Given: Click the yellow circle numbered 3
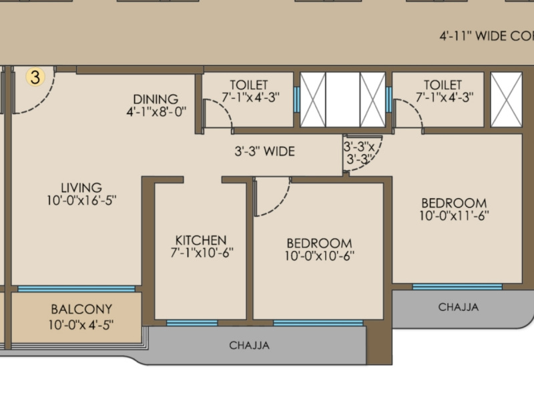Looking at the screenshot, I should pyautogui.click(x=35, y=77).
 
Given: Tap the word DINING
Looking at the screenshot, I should pyautogui.click(x=155, y=99).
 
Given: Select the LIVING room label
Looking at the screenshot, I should pyautogui.click(x=81, y=187).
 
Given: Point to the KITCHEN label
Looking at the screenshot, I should pyautogui.click(x=200, y=240).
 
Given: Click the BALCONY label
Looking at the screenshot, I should pyautogui.click(x=81, y=310).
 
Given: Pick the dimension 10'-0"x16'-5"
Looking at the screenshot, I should pyautogui.click(x=81, y=199).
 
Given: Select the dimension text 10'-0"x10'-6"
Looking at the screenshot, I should pyautogui.click(x=319, y=256).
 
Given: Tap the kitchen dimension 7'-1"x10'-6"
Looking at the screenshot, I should pyautogui.click(x=201, y=252).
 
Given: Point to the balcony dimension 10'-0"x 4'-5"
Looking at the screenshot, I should pyautogui.click(x=81, y=325).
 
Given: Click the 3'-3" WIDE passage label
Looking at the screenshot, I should pyautogui.click(x=264, y=151).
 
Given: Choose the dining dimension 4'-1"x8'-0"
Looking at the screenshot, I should pyautogui.click(x=156, y=112).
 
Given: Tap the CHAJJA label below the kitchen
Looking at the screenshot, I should pyautogui.click(x=249, y=345).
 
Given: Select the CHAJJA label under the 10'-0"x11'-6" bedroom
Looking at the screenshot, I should pyautogui.click(x=458, y=307).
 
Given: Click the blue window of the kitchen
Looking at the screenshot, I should pyautogui.click(x=192, y=323).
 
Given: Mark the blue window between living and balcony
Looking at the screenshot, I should pyautogui.click(x=76, y=289).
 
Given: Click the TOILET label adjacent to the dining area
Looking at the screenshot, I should pyautogui.click(x=249, y=85).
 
